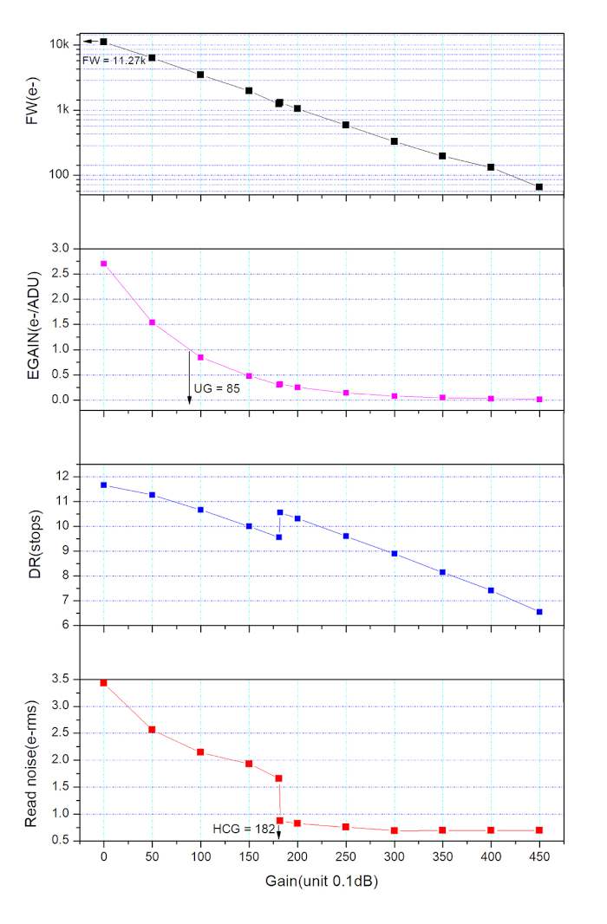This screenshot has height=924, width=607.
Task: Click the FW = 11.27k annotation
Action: click(113, 61)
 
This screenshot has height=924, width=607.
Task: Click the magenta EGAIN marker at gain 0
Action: click(104, 264)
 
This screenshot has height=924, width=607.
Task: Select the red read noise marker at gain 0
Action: click(104, 683)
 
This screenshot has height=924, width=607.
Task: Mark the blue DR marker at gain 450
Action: click(539, 612)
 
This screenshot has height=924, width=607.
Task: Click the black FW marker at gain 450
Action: click(539, 187)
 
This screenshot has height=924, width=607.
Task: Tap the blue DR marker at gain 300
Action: click(394, 553)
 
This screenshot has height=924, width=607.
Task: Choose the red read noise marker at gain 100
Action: click(200, 752)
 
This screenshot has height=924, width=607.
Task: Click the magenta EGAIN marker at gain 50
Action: click(152, 322)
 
